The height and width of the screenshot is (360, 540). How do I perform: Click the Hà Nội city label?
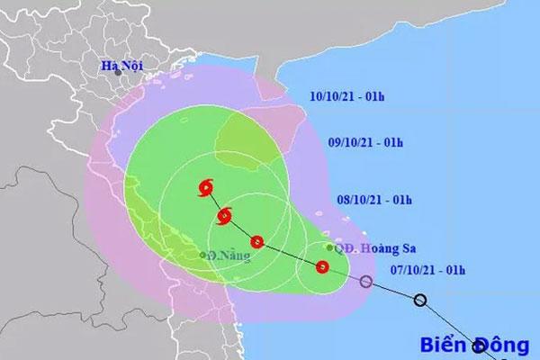point(123,67)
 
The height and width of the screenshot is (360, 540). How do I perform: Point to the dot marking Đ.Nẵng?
point(202,255)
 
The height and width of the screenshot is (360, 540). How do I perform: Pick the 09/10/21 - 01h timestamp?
point(364,144)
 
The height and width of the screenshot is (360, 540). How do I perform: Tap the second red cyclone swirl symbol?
point(224,216)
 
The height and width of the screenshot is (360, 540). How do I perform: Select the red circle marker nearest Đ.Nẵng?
point(257,241)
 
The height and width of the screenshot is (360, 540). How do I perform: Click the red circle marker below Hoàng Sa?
point(322,266)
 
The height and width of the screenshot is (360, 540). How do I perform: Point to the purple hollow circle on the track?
point(365,283)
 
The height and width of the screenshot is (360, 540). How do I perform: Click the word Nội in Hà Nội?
point(134,67)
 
